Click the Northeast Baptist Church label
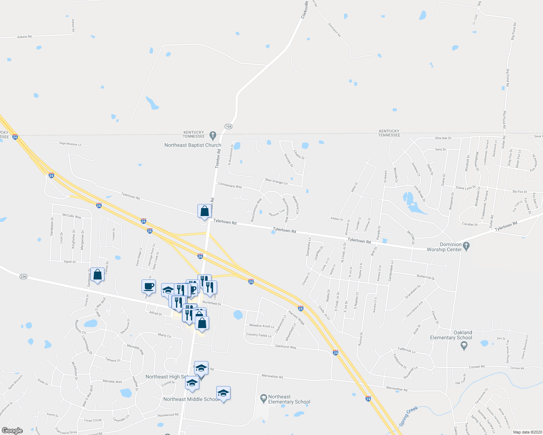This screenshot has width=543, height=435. pos(192,145)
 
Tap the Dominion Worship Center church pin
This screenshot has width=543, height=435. pos(466,246)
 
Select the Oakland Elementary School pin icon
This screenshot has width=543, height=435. pos(464,345)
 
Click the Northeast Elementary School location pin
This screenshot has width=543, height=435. pos(264,399)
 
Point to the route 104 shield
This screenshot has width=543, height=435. pos(228,127)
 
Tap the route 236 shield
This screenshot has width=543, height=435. pos(23,277)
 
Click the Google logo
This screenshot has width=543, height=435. pos(12,431)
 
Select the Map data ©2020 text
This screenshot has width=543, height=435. pos(526,432)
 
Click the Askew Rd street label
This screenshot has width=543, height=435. pos(25,37)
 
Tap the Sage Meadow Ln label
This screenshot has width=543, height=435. pos(70,144)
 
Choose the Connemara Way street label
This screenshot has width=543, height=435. pos(230,185)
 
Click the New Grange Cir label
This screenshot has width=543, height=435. pos(276,181)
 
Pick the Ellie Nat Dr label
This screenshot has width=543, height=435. pos(443,138)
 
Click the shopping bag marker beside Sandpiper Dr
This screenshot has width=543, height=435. pos(98,275)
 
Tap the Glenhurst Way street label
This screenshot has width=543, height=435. pos(285,347)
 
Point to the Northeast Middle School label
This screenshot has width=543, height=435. pos(191,399)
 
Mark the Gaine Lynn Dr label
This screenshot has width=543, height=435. pos(465,188)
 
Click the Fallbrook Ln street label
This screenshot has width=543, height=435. pos(407,350)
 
